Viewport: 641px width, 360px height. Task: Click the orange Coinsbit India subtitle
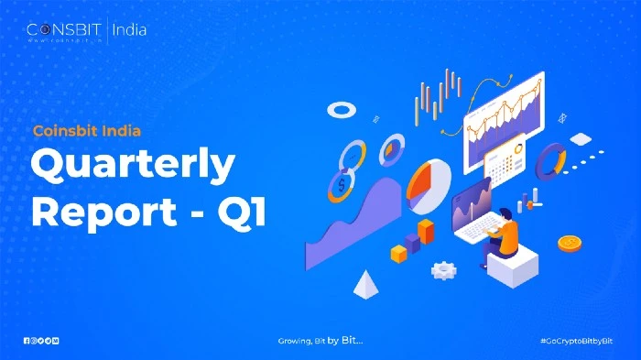[88, 130]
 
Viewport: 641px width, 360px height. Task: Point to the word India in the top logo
[129, 30]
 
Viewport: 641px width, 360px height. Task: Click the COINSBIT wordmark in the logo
[64, 30]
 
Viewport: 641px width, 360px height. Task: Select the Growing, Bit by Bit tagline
[320, 341]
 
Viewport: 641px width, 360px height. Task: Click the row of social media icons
[41, 341]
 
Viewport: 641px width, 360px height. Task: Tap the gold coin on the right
[570, 243]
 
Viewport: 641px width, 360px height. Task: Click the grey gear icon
[444, 269]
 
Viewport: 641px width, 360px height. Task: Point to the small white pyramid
[367, 283]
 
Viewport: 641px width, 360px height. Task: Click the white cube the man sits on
[511, 267]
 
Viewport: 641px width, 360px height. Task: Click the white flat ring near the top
[341, 110]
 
